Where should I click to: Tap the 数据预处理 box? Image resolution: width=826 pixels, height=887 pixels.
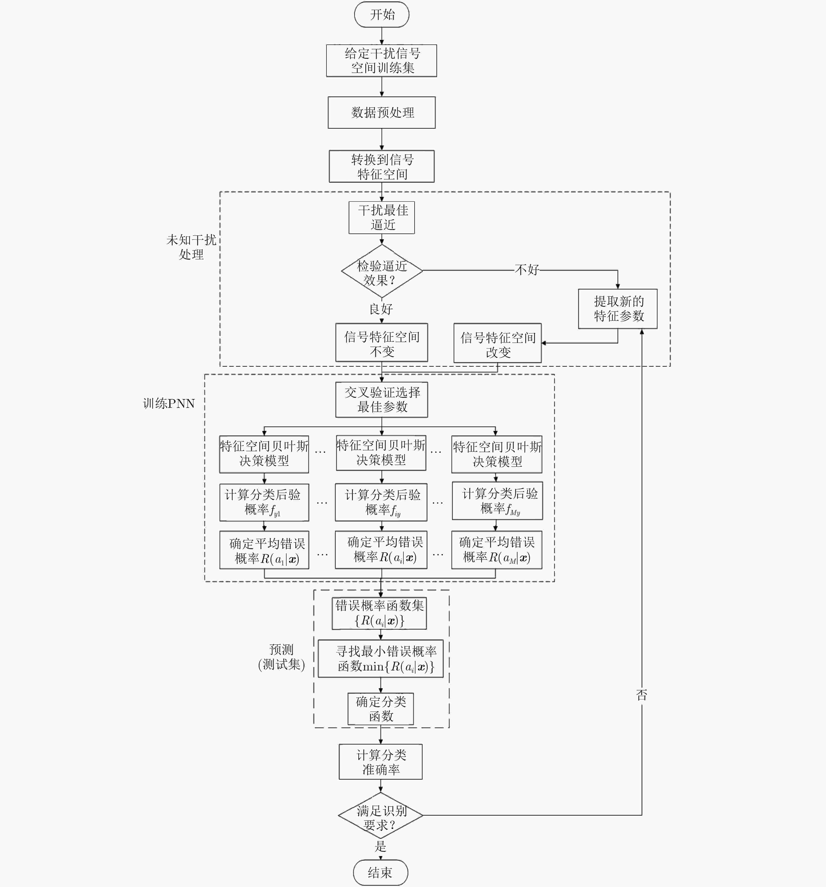[382, 112]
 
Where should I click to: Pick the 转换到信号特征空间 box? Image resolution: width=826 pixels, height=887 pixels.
[382, 166]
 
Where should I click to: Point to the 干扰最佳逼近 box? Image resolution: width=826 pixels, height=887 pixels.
[382, 218]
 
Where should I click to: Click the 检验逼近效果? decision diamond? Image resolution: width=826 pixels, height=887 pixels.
[382, 271]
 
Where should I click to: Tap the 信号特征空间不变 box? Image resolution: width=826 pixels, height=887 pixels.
[382, 343]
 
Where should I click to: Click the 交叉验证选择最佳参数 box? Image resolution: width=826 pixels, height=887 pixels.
[382, 400]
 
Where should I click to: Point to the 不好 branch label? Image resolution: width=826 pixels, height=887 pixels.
[527, 270]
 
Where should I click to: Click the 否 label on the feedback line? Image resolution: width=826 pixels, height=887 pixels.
[642, 695]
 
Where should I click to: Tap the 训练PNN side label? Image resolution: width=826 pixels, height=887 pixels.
[169, 404]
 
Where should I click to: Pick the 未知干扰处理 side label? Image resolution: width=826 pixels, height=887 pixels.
[191, 247]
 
